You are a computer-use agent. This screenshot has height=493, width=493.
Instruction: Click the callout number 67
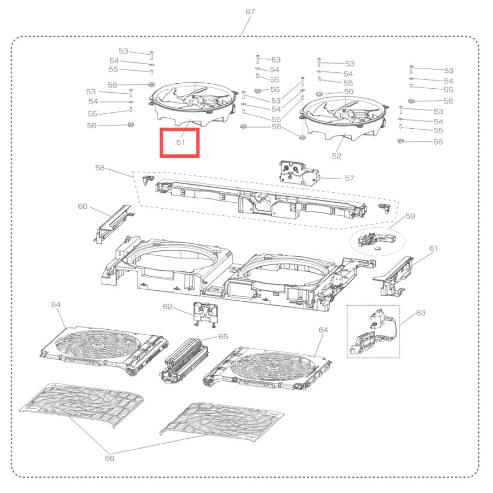[250, 12]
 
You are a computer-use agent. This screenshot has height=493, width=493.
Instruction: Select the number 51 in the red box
[180, 142]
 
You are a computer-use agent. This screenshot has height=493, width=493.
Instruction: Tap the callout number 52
[336, 156]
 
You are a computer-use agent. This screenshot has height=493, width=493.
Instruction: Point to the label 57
[349, 178]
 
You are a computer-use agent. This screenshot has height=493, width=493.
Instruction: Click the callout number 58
[100, 168]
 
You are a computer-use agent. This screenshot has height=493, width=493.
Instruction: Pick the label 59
[410, 216]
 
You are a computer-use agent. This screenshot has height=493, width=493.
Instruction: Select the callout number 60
[83, 207]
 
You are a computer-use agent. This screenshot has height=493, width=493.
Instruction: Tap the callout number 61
[434, 248]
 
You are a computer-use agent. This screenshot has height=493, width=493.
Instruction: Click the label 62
[168, 307]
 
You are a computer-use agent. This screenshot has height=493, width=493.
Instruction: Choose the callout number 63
[421, 313]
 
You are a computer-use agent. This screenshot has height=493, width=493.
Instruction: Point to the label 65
[223, 337]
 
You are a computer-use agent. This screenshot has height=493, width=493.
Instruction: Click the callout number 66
[110, 458]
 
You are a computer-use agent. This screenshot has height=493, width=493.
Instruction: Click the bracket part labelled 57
[299, 173]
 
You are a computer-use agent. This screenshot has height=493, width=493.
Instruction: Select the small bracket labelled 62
[205, 314]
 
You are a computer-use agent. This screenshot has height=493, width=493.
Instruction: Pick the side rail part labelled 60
[112, 224]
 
